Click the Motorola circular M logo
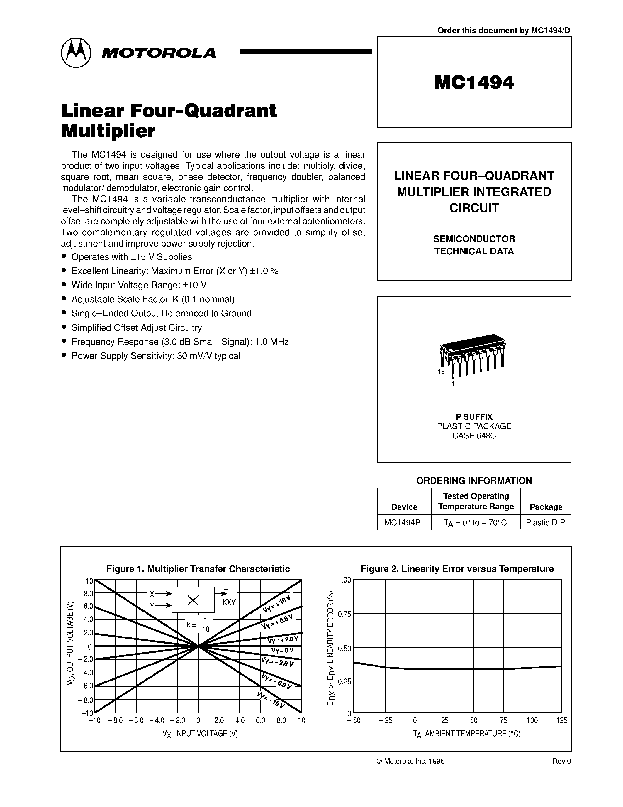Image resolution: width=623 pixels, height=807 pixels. (76, 53)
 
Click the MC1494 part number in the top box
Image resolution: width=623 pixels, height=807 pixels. (474, 82)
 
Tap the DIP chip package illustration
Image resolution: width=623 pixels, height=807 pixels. (472, 355)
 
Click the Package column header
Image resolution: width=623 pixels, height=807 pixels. (546, 507)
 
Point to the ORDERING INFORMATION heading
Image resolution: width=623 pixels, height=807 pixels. (474, 481)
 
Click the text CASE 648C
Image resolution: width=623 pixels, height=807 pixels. (474, 436)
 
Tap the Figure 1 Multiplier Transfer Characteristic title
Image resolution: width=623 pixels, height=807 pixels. (198, 569)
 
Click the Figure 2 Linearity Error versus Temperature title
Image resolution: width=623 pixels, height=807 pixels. (457, 569)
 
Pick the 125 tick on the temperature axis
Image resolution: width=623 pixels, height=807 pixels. (561, 720)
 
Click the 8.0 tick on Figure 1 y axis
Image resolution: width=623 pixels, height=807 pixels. (88, 594)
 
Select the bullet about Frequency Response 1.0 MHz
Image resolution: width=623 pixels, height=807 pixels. (180, 342)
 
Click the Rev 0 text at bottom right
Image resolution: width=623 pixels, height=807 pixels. (561, 761)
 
